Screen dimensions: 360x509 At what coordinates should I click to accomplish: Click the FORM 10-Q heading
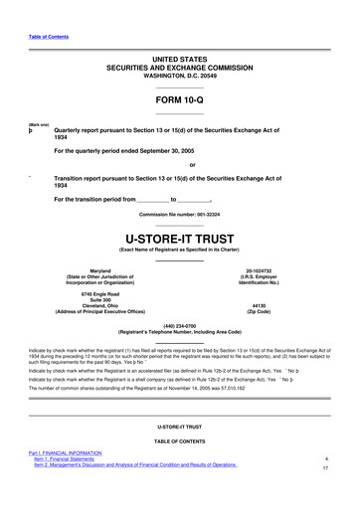coord(180,101)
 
